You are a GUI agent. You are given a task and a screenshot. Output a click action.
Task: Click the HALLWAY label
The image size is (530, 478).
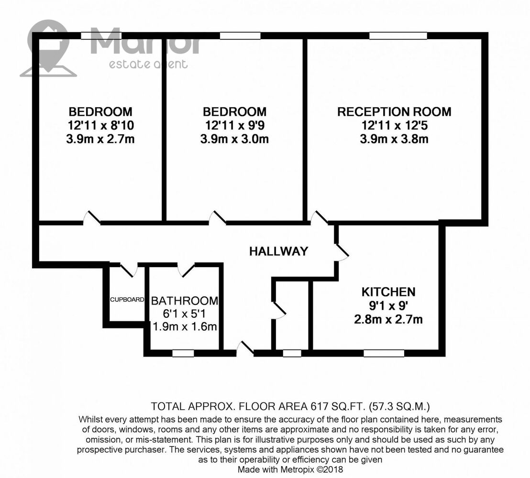[x=279, y=251]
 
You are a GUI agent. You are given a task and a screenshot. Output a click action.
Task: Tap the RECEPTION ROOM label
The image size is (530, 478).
[x=394, y=111]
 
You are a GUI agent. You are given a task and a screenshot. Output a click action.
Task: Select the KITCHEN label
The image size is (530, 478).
[x=388, y=292]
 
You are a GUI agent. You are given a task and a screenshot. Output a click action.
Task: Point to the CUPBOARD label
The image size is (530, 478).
[x=127, y=300]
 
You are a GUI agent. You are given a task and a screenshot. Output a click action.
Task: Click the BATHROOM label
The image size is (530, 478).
[x=185, y=301]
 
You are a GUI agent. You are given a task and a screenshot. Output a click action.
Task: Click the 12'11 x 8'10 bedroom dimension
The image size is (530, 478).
[x=101, y=125]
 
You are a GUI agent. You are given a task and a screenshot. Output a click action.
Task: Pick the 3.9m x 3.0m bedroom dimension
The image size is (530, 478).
[x=234, y=139]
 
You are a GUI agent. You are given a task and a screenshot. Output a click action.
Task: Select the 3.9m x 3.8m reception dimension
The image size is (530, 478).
[x=394, y=139]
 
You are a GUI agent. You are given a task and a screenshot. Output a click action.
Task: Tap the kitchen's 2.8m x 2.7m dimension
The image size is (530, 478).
[x=388, y=319]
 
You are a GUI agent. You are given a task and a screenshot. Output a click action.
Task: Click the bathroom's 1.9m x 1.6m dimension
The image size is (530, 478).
[x=185, y=326]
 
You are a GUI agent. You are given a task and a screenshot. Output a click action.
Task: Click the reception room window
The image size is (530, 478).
[x=398, y=35]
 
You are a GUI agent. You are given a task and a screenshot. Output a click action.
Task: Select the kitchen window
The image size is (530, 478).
[x=384, y=353]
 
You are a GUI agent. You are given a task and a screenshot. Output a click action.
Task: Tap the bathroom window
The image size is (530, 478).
[x=183, y=353]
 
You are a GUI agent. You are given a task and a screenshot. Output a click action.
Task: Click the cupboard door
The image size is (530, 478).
[x=129, y=270]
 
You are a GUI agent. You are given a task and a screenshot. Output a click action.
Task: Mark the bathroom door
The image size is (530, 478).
[x=186, y=270]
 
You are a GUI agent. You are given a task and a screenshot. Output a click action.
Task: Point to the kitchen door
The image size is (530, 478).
[x=342, y=252]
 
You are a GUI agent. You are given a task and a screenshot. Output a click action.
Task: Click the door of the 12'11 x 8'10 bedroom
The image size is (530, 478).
[x=92, y=217]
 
